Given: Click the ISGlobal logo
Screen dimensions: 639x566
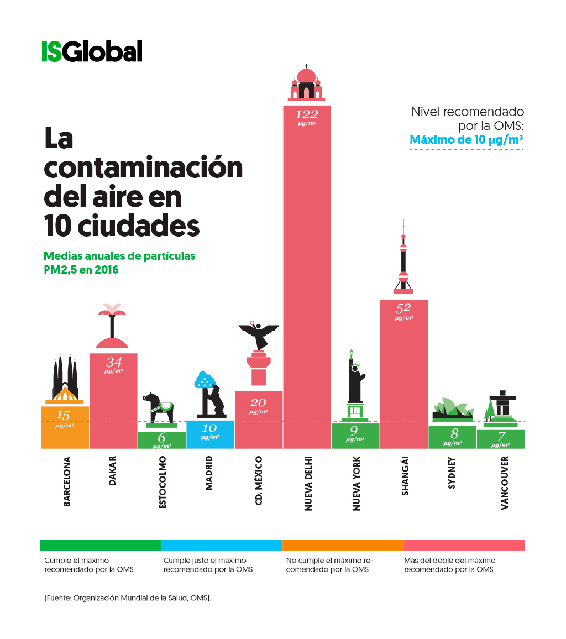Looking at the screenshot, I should point(92,51).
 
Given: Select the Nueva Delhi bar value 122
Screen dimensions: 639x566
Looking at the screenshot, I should point(307,114).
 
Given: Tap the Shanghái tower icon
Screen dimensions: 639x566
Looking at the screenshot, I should point(403,260).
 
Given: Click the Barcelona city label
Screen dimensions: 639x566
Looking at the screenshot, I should point(67,481).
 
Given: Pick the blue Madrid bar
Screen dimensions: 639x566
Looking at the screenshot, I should point(210,434).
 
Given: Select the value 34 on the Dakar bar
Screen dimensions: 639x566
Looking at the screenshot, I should point(113,363).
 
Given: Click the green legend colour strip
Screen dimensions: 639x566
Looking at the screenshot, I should point(101,545).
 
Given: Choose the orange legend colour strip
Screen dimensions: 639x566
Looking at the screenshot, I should point(343,545).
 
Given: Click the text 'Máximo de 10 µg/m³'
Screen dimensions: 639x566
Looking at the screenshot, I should point(466,139).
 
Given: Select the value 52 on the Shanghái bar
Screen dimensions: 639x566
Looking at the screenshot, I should point(403,308).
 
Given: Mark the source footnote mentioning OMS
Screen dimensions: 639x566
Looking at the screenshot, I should point(128,598).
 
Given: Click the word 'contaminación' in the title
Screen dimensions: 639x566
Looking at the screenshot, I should point(144,167).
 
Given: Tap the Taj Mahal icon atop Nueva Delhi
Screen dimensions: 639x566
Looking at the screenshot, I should point(306,83).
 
